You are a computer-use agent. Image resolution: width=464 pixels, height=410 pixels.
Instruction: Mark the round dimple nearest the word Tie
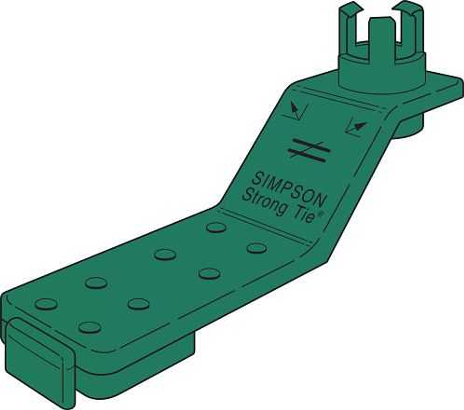257,248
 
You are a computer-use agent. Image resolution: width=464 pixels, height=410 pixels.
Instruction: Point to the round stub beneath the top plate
411,127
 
